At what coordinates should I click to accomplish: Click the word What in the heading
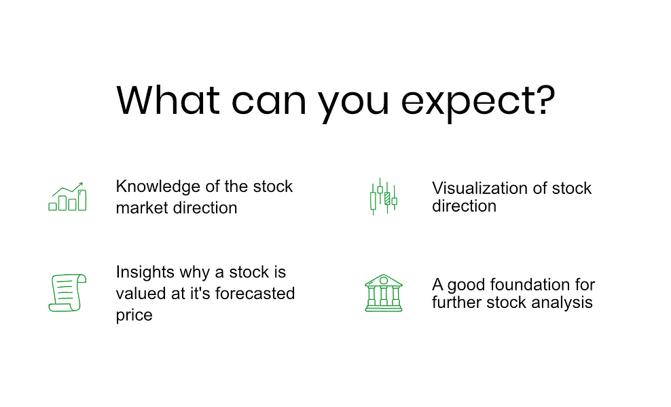click(x=168, y=100)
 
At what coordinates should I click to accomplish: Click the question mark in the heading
click(x=547, y=100)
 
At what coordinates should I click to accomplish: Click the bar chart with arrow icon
click(x=67, y=197)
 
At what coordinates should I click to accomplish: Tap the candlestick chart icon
click(x=384, y=197)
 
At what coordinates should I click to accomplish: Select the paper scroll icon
click(x=67, y=293)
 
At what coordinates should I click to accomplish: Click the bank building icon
click(x=384, y=293)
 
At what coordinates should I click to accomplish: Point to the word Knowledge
click(x=158, y=187)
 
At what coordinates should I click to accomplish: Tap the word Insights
click(x=145, y=272)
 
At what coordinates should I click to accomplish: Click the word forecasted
click(x=255, y=293)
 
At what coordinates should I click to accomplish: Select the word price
click(x=134, y=315)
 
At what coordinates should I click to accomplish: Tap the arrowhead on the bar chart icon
click(x=80, y=185)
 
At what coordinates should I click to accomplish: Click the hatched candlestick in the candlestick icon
click(x=387, y=198)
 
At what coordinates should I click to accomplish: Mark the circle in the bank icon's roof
click(x=384, y=280)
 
